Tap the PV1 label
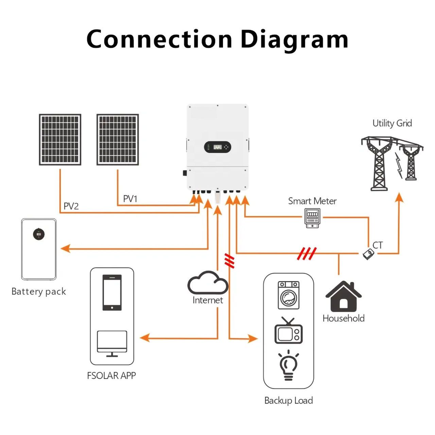(x=130, y=199)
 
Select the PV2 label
(x=71, y=206)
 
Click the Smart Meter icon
(x=312, y=218)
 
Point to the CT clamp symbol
(x=368, y=254)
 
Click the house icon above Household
(x=343, y=296)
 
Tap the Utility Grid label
(x=392, y=123)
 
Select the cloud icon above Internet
(x=208, y=282)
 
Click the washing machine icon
(x=289, y=295)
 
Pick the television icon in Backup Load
(x=289, y=331)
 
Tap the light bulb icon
(x=288, y=365)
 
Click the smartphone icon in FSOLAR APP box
(x=112, y=293)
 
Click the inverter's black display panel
(x=217, y=147)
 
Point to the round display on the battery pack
(x=39, y=234)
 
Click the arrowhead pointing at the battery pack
(x=66, y=248)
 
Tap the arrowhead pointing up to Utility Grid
(x=399, y=197)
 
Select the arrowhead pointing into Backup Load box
(x=253, y=338)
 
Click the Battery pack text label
(x=39, y=292)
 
